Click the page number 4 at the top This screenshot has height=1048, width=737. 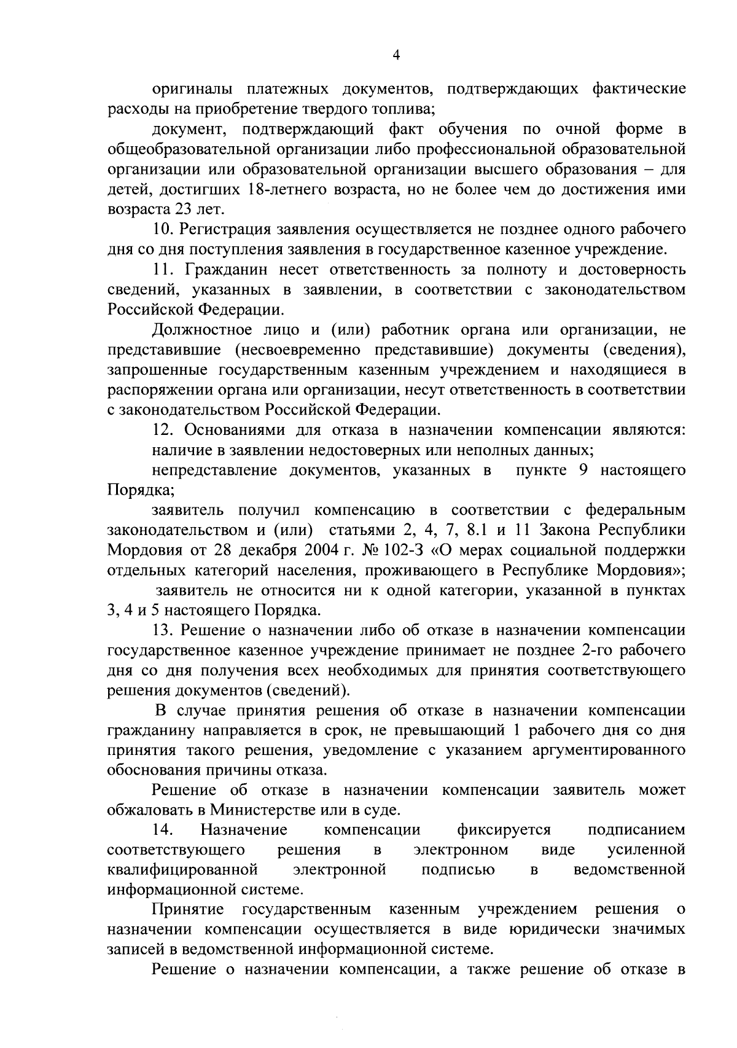[396, 55]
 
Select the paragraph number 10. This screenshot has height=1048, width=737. [164, 230]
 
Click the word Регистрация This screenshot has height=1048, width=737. [229, 230]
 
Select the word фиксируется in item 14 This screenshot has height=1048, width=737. [504, 831]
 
